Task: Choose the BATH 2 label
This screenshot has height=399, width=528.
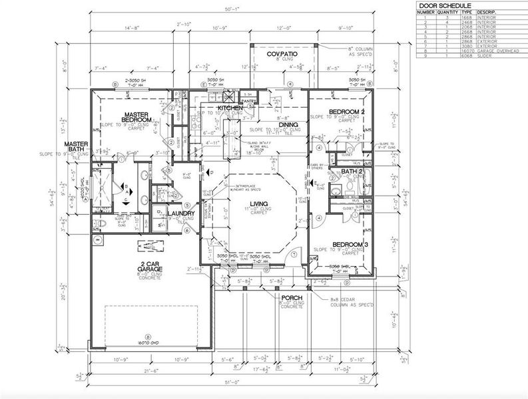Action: [350, 172]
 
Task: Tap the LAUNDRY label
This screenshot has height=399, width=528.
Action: [180, 213]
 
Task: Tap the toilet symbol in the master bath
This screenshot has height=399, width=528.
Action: [97, 224]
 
